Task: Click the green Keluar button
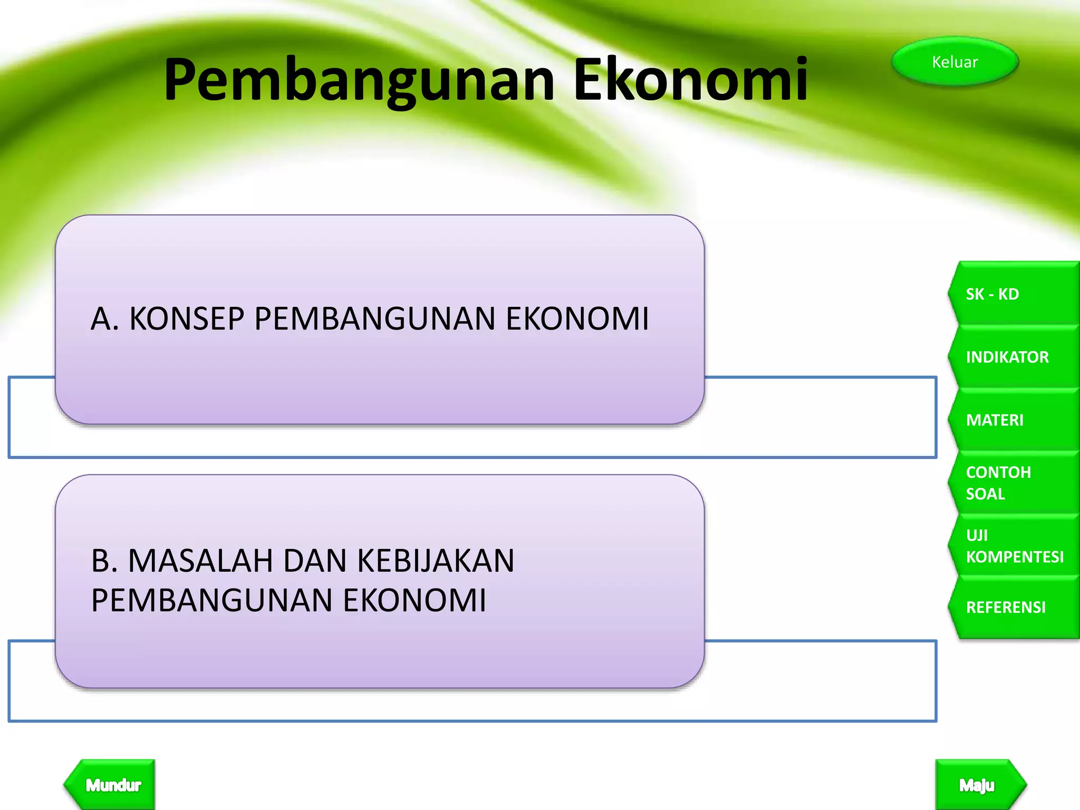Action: [x=954, y=62]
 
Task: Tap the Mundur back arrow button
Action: [x=112, y=785]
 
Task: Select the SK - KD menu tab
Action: [x=1012, y=294]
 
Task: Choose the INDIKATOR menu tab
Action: [x=1012, y=357]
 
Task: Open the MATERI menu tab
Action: [x=1012, y=420]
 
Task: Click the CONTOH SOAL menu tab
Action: [x=1012, y=483]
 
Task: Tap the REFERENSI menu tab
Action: [x=1012, y=607]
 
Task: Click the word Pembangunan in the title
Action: [x=359, y=80]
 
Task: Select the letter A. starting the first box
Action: [x=104, y=319]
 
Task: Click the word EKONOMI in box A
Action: [x=577, y=319]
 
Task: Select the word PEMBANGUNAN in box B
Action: [x=212, y=600]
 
